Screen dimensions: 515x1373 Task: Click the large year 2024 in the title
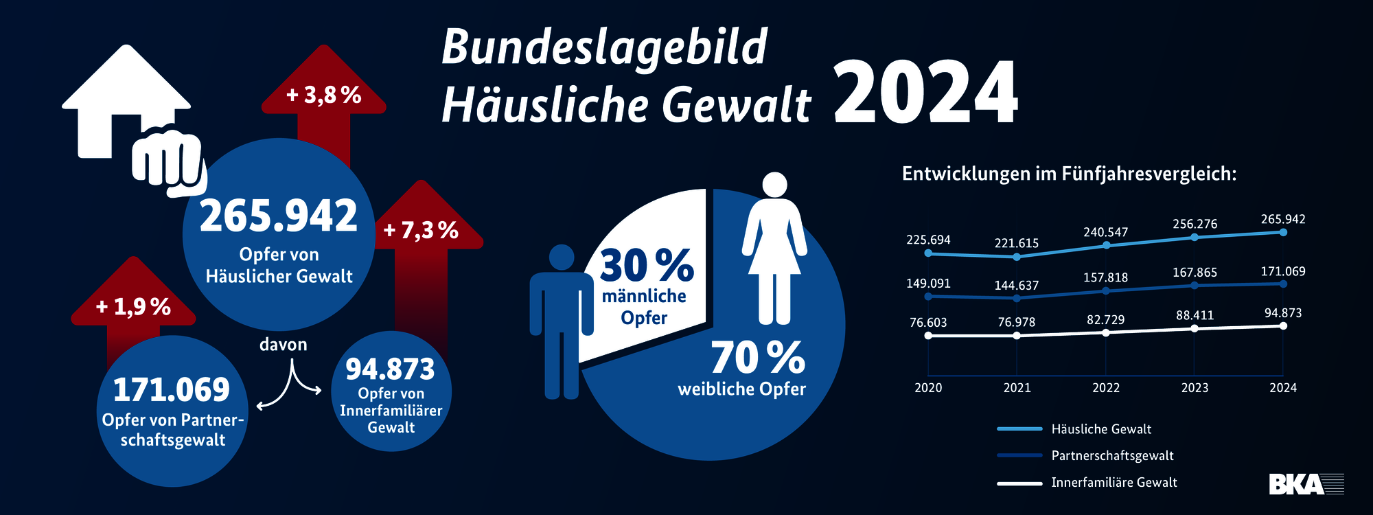coord(925,93)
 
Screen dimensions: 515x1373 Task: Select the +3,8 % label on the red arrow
coord(324,95)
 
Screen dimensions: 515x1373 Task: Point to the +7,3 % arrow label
coord(421,229)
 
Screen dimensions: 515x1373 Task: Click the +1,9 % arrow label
coord(133,306)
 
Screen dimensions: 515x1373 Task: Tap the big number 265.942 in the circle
coord(279,216)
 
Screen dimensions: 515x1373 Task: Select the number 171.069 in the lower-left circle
coord(172,390)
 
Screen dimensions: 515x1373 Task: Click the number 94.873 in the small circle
coord(390,369)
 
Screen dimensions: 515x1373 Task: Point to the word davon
coord(283,345)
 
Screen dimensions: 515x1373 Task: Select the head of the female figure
coord(775,184)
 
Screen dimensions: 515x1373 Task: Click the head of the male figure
coord(562,257)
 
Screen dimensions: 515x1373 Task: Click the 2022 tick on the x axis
coord(1105,388)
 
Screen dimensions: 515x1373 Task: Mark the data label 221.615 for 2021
coord(1017,243)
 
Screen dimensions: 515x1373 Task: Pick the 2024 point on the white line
coord(1283,326)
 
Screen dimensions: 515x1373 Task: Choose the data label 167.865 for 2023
coord(1195,273)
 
